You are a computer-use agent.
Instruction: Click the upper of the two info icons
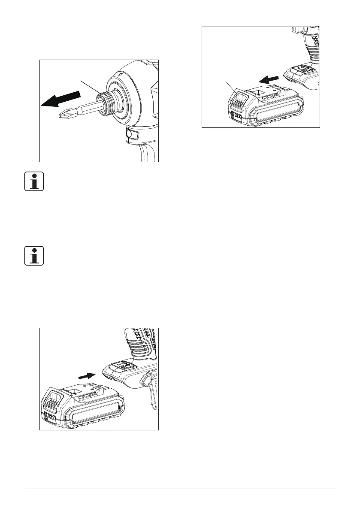point(33,182)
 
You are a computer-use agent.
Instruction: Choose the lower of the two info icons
point(33,256)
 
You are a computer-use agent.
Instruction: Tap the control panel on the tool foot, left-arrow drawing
point(300,69)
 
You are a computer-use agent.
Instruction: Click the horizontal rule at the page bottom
point(180,489)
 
